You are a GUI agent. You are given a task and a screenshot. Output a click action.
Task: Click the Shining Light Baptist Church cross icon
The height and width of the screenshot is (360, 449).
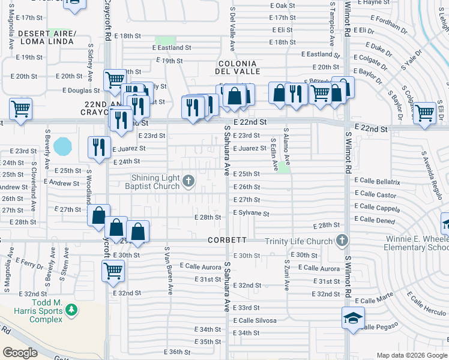pyautogui.click(x=188, y=181)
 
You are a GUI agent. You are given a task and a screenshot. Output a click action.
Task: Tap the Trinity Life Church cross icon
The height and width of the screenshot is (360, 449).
pyautogui.click(x=342, y=241)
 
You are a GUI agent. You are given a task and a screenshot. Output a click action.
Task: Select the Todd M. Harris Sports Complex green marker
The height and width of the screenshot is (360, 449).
pyautogui.click(x=71, y=310)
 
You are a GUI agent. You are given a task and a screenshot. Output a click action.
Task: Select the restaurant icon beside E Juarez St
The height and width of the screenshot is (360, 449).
pyautogui.click(x=99, y=147)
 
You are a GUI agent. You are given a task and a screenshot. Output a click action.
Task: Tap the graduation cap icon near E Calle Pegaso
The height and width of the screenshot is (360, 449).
pyautogui.click(x=353, y=317)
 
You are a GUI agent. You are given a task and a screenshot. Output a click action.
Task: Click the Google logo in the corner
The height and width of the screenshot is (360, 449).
pyautogui.click(x=20, y=353)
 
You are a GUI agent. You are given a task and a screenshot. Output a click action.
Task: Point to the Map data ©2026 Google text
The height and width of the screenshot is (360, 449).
pyautogui.click(x=411, y=355)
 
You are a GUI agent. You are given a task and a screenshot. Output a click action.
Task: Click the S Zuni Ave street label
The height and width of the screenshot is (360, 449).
pyautogui.click(x=287, y=277)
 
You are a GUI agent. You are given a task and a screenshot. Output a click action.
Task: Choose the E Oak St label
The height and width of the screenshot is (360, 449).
pyautogui.click(x=283, y=5)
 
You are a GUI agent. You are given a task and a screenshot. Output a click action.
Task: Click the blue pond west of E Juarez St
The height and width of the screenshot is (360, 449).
pyautogui.click(x=62, y=146)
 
